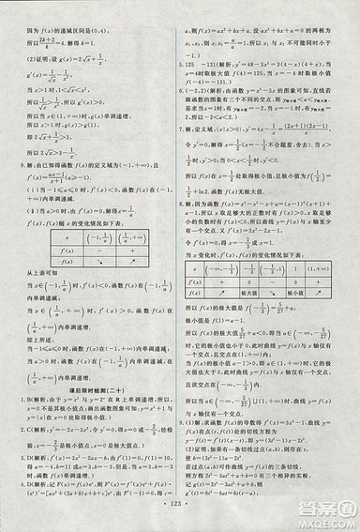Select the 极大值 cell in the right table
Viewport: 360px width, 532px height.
pos(250,292)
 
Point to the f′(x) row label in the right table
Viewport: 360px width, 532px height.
pos(197,281)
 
